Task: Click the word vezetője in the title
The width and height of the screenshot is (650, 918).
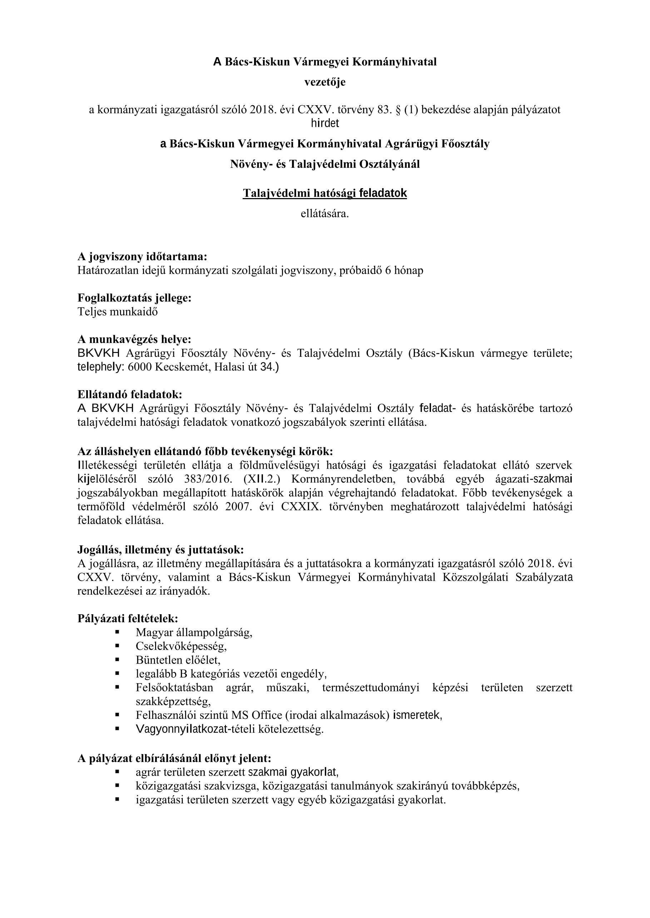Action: tap(324, 82)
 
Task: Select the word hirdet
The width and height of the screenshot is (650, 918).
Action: tap(324, 123)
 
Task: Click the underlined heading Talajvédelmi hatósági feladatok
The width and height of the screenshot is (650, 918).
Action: tap(324, 193)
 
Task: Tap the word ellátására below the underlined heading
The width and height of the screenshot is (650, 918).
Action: tap(324, 214)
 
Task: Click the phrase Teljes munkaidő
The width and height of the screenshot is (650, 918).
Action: tap(117, 312)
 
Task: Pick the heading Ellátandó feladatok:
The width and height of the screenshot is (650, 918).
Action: tap(130, 394)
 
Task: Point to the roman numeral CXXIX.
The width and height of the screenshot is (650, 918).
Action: tap(301, 507)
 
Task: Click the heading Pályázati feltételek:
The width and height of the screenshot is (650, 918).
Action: tap(128, 619)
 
